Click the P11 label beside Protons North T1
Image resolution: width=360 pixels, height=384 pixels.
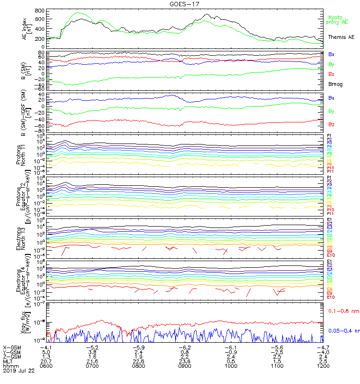(330, 171)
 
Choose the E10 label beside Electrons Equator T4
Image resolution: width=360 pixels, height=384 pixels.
(331, 297)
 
